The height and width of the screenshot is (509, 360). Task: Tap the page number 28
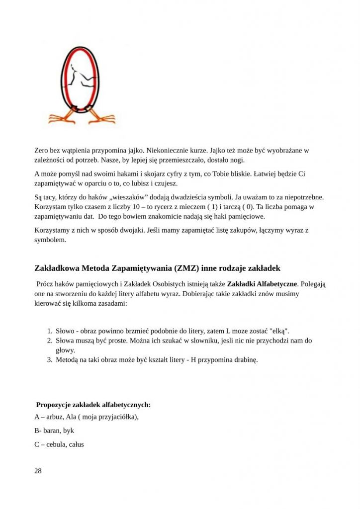[38, 471]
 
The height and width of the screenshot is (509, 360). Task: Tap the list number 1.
[50, 331]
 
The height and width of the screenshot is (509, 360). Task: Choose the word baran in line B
[52, 430]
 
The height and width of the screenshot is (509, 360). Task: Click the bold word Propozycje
[54, 405]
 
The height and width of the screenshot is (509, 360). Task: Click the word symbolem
[50, 240]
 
